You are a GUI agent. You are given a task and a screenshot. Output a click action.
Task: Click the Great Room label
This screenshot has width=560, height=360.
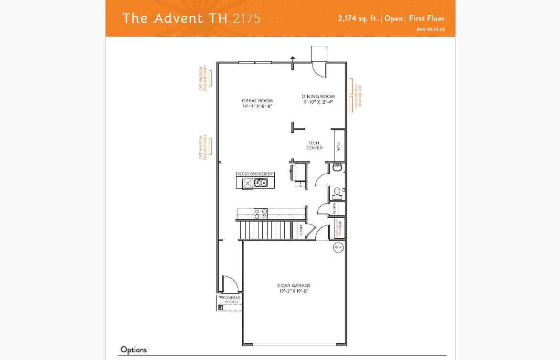[257, 101]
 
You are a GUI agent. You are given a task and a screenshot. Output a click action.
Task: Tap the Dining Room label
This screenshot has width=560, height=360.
[318, 96]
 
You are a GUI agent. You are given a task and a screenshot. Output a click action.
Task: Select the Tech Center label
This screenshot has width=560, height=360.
[314, 146]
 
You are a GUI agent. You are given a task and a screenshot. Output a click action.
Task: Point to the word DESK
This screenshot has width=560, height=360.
[339, 146]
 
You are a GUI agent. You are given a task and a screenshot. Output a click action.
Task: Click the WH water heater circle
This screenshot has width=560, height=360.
[338, 247]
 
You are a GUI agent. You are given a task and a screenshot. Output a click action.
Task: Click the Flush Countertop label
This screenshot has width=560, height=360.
[255, 174]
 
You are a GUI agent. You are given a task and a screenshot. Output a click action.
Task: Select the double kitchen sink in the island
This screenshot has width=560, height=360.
[260, 183]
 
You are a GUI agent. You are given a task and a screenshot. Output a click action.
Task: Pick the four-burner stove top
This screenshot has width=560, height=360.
[260, 213]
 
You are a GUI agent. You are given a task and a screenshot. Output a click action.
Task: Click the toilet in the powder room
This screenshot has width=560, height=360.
[337, 168]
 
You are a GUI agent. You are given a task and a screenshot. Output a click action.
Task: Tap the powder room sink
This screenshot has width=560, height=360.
[338, 191]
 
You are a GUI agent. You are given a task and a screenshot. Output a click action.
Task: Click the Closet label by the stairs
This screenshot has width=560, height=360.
[301, 231]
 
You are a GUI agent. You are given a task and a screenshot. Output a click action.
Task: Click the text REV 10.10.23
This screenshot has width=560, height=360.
[431, 30]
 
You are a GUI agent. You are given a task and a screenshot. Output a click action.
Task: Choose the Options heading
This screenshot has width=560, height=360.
[133, 349]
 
